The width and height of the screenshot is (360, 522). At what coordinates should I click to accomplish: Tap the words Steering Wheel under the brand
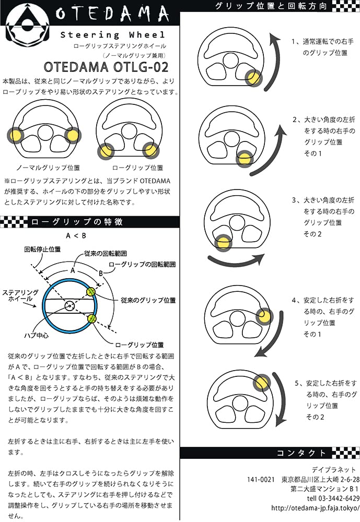[112, 35]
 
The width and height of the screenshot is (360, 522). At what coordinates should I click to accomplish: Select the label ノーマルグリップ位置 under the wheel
[49, 168]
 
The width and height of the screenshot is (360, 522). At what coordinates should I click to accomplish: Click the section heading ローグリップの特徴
[77, 222]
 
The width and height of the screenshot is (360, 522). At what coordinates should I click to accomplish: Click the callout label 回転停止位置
[40, 250]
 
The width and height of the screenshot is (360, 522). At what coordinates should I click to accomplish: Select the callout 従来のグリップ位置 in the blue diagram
[148, 300]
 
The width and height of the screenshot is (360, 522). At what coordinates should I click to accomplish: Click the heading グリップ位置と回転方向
[271, 7]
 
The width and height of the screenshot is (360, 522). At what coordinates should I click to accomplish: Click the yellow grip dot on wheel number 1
[254, 78]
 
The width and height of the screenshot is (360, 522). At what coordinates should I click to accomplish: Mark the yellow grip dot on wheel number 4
[265, 315]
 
